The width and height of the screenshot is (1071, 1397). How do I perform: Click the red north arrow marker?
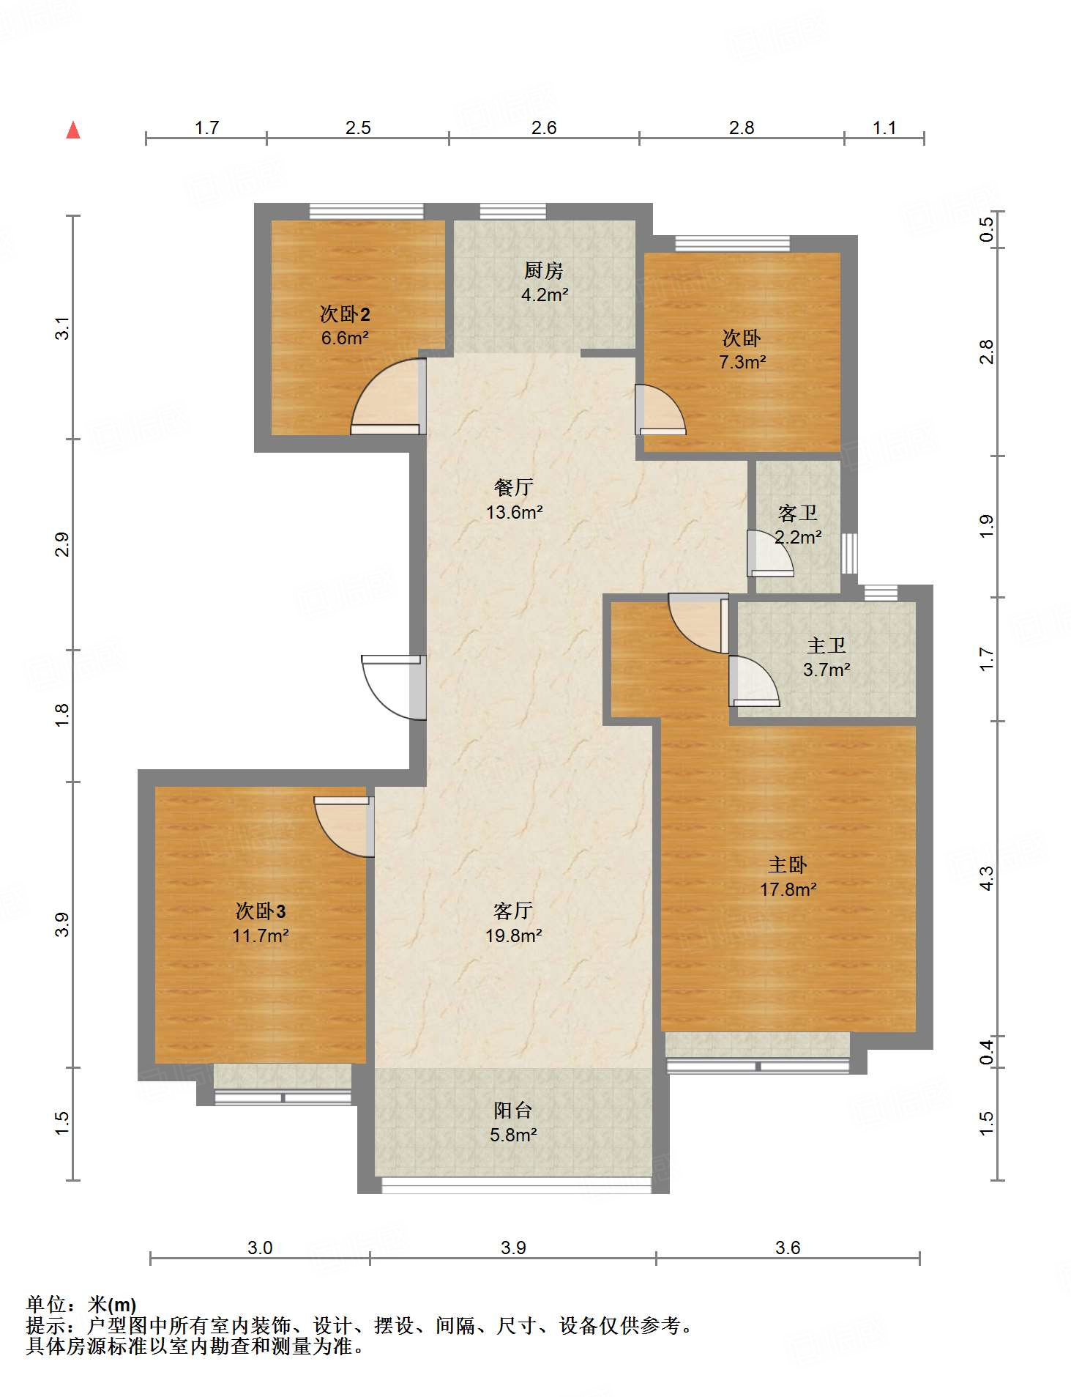point(73,130)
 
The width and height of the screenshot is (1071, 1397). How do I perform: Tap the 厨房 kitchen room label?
point(543,271)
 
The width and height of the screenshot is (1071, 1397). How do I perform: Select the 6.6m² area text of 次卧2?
point(345,338)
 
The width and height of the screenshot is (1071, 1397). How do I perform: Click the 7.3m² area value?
point(742,361)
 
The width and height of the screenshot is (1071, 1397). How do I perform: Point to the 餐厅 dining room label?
point(514,487)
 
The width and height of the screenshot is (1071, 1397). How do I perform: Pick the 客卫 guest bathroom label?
point(797,513)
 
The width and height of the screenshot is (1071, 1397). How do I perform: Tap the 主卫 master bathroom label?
point(826,645)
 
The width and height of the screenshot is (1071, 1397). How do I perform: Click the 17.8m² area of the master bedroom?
point(788,889)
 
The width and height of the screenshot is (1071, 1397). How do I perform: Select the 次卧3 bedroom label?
point(261,911)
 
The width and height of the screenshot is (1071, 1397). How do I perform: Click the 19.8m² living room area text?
point(513,935)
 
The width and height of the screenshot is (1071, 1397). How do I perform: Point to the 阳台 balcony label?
point(512,1111)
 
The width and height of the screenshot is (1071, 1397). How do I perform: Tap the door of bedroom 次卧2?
point(388,396)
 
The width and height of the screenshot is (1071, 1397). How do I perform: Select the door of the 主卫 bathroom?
point(753,681)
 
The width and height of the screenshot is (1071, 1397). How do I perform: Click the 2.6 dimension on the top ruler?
point(544,128)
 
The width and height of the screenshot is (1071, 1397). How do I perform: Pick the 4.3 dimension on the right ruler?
point(987,878)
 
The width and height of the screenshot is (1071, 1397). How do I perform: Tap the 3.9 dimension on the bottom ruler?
point(513,1248)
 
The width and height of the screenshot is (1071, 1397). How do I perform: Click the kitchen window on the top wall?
point(512,212)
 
